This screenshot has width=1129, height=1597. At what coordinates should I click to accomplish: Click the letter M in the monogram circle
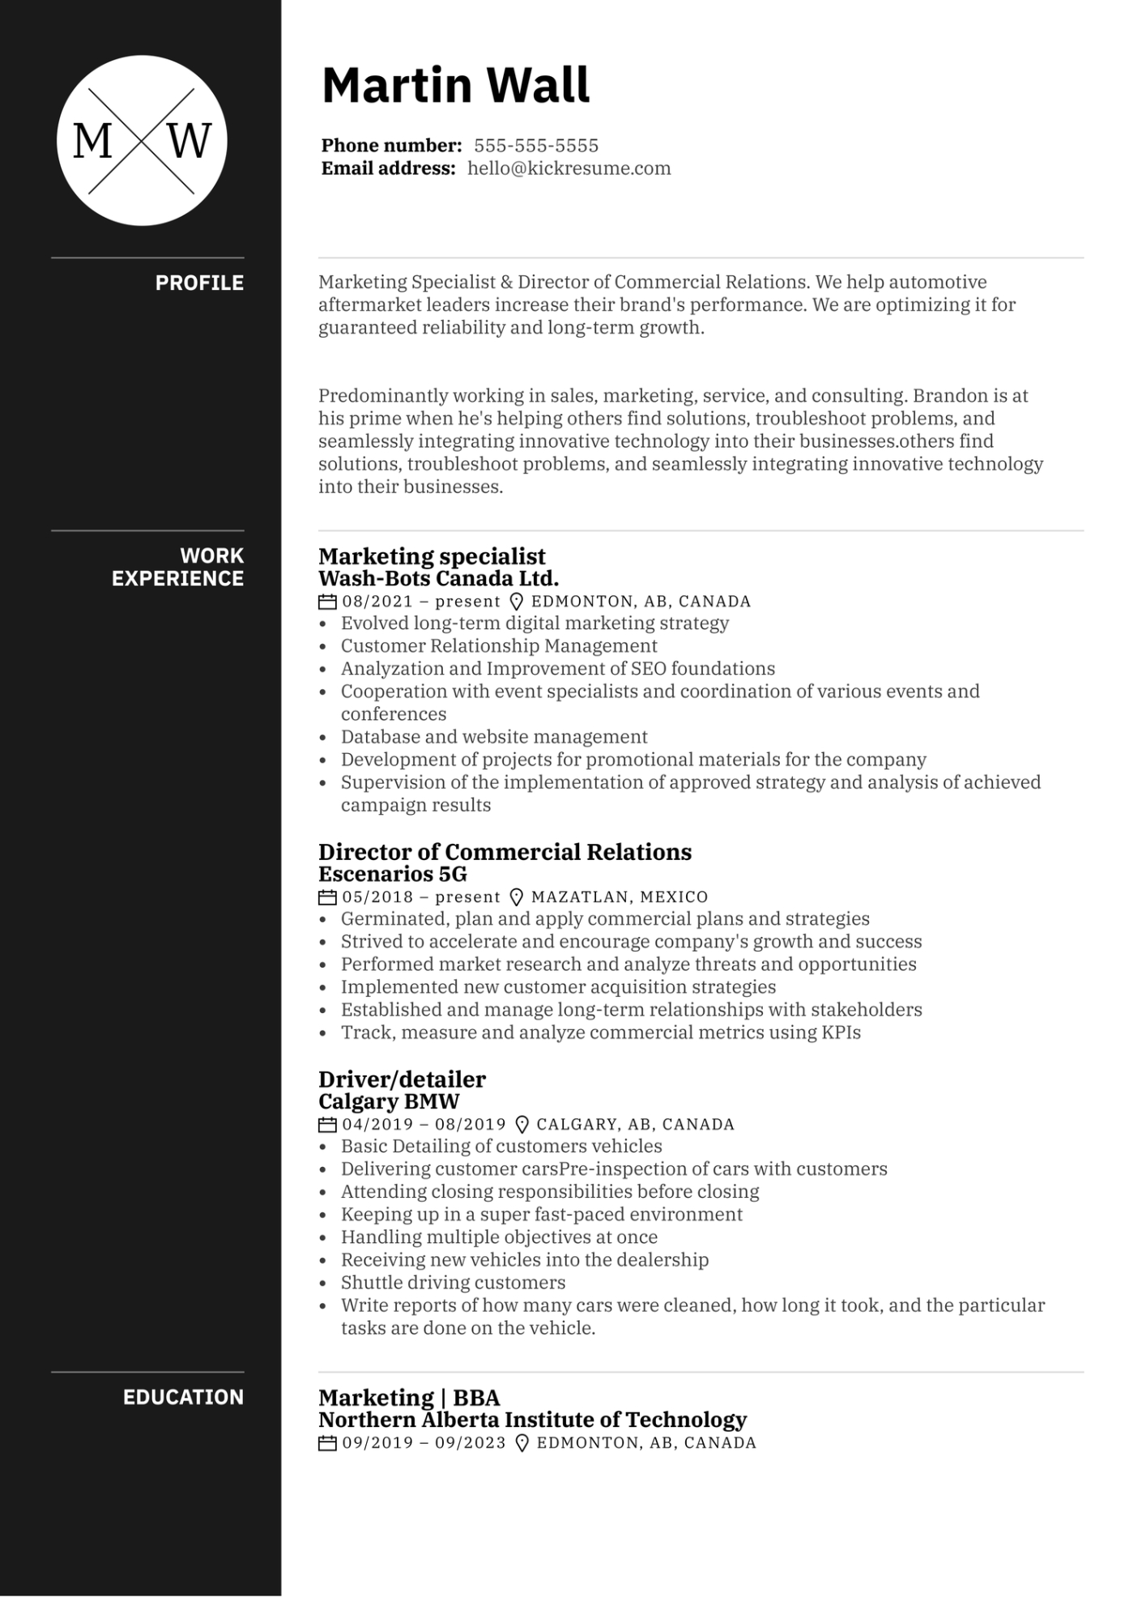tap(92, 141)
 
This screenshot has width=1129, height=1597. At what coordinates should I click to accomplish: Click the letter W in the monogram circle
tap(190, 141)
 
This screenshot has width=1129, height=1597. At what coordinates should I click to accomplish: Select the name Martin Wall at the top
tap(456, 85)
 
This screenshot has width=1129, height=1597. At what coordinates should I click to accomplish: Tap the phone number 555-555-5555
tap(536, 146)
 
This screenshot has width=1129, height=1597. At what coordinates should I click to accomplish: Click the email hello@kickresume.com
tap(569, 168)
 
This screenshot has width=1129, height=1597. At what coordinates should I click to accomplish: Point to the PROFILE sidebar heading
tap(199, 283)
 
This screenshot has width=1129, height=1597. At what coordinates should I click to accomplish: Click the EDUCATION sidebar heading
tap(183, 1397)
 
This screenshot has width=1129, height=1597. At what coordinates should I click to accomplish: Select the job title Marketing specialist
tap(432, 556)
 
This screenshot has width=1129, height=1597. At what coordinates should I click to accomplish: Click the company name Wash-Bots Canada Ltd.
tap(438, 578)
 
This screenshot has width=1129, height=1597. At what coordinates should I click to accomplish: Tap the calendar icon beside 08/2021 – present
tap(327, 602)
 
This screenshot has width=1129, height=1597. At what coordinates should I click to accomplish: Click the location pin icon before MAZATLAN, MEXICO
tap(516, 897)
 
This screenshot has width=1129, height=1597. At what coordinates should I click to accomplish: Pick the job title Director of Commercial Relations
tap(505, 852)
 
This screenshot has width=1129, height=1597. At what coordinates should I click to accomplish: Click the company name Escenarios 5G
tap(393, 874)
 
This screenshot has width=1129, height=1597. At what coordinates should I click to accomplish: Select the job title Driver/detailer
tap(402, 1080)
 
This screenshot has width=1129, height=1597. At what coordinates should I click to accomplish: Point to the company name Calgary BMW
tap(389, 1101)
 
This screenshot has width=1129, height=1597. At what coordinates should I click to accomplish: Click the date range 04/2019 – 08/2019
tap(424, 1124)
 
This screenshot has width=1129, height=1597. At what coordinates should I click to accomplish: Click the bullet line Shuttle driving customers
tap(453, 1283)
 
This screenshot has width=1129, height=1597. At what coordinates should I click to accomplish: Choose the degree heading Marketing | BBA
tap(409, 1398)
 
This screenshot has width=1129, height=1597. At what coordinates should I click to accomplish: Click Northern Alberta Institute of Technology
tap(532, 1420)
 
